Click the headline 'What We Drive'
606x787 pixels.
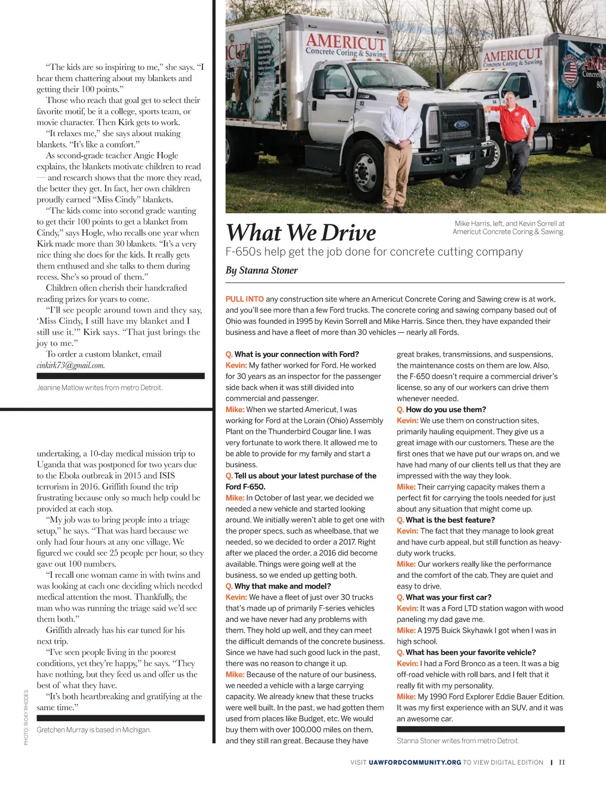(301, 233)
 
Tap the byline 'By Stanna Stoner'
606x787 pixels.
(262, 270)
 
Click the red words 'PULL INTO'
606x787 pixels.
(244, 299)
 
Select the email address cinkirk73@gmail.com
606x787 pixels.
(70, 365)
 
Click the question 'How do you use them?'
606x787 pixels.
(446, 409)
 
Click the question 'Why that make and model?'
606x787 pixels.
(282, 586)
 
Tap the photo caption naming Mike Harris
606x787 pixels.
(508, 227)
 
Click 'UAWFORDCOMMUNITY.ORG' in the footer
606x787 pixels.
(415, 762)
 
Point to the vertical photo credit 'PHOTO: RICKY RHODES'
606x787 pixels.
(26, 717)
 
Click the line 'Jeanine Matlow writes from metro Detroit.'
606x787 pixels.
(99, 388)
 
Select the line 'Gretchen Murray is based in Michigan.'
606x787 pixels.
(94, 730)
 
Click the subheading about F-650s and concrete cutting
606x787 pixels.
(374, 252)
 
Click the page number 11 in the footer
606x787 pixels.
(562, 762)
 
